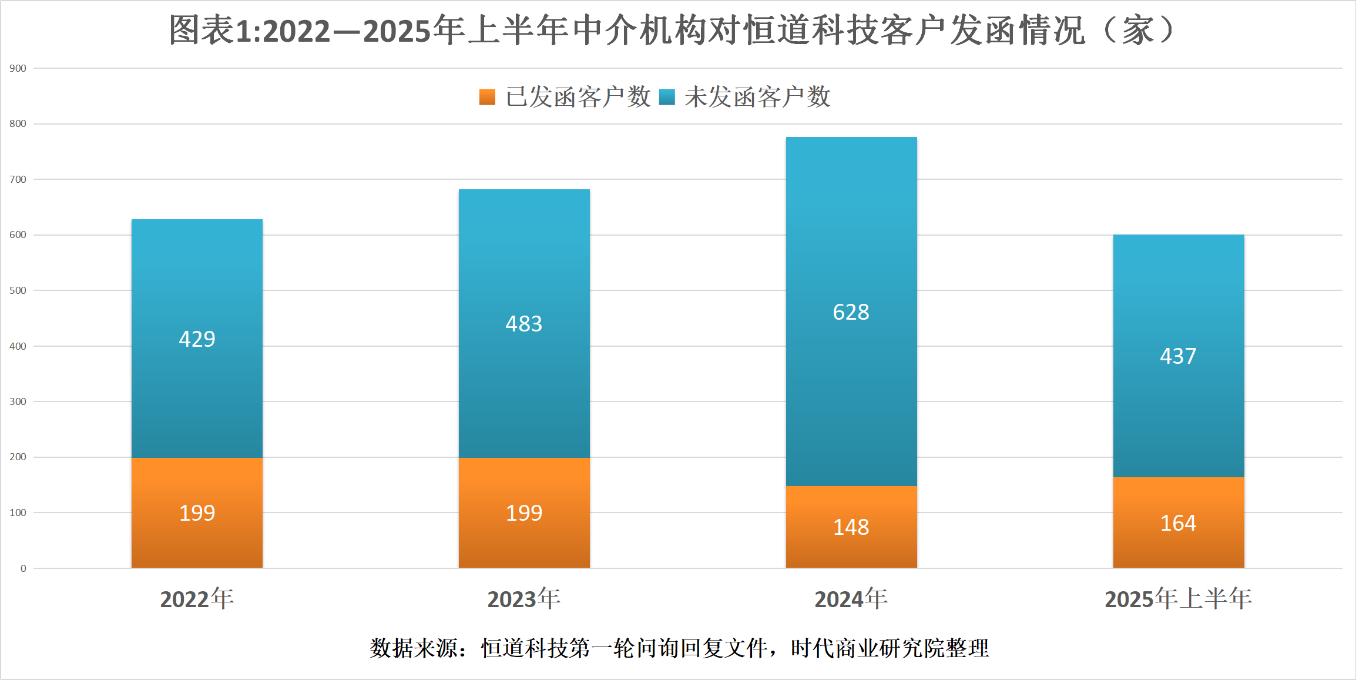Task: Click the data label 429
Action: [197, 339]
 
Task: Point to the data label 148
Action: [851, 527]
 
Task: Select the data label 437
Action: [1178, 356]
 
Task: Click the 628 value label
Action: [851, 312]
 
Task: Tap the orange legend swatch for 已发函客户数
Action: [487, 97]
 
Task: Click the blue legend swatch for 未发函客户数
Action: [667, 97]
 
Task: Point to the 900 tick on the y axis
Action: [18, 68]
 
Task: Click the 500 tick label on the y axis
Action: [18, 290]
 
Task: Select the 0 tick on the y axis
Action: [24, 568]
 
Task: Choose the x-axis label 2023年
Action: [524, 599]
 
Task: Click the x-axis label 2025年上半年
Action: [1179, 599]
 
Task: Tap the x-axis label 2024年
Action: [851, 599]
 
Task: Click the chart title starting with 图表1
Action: [672, 31]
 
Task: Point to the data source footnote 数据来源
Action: [679, 648]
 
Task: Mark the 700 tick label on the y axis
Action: [18, 179]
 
